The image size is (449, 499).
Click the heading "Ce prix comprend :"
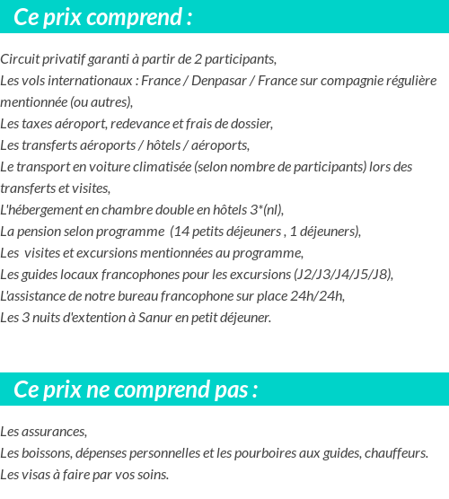click(x=103, y=17)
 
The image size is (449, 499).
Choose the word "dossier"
click(x=250, y=123)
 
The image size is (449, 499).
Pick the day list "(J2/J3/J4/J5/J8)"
click(x=343, y=275)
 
